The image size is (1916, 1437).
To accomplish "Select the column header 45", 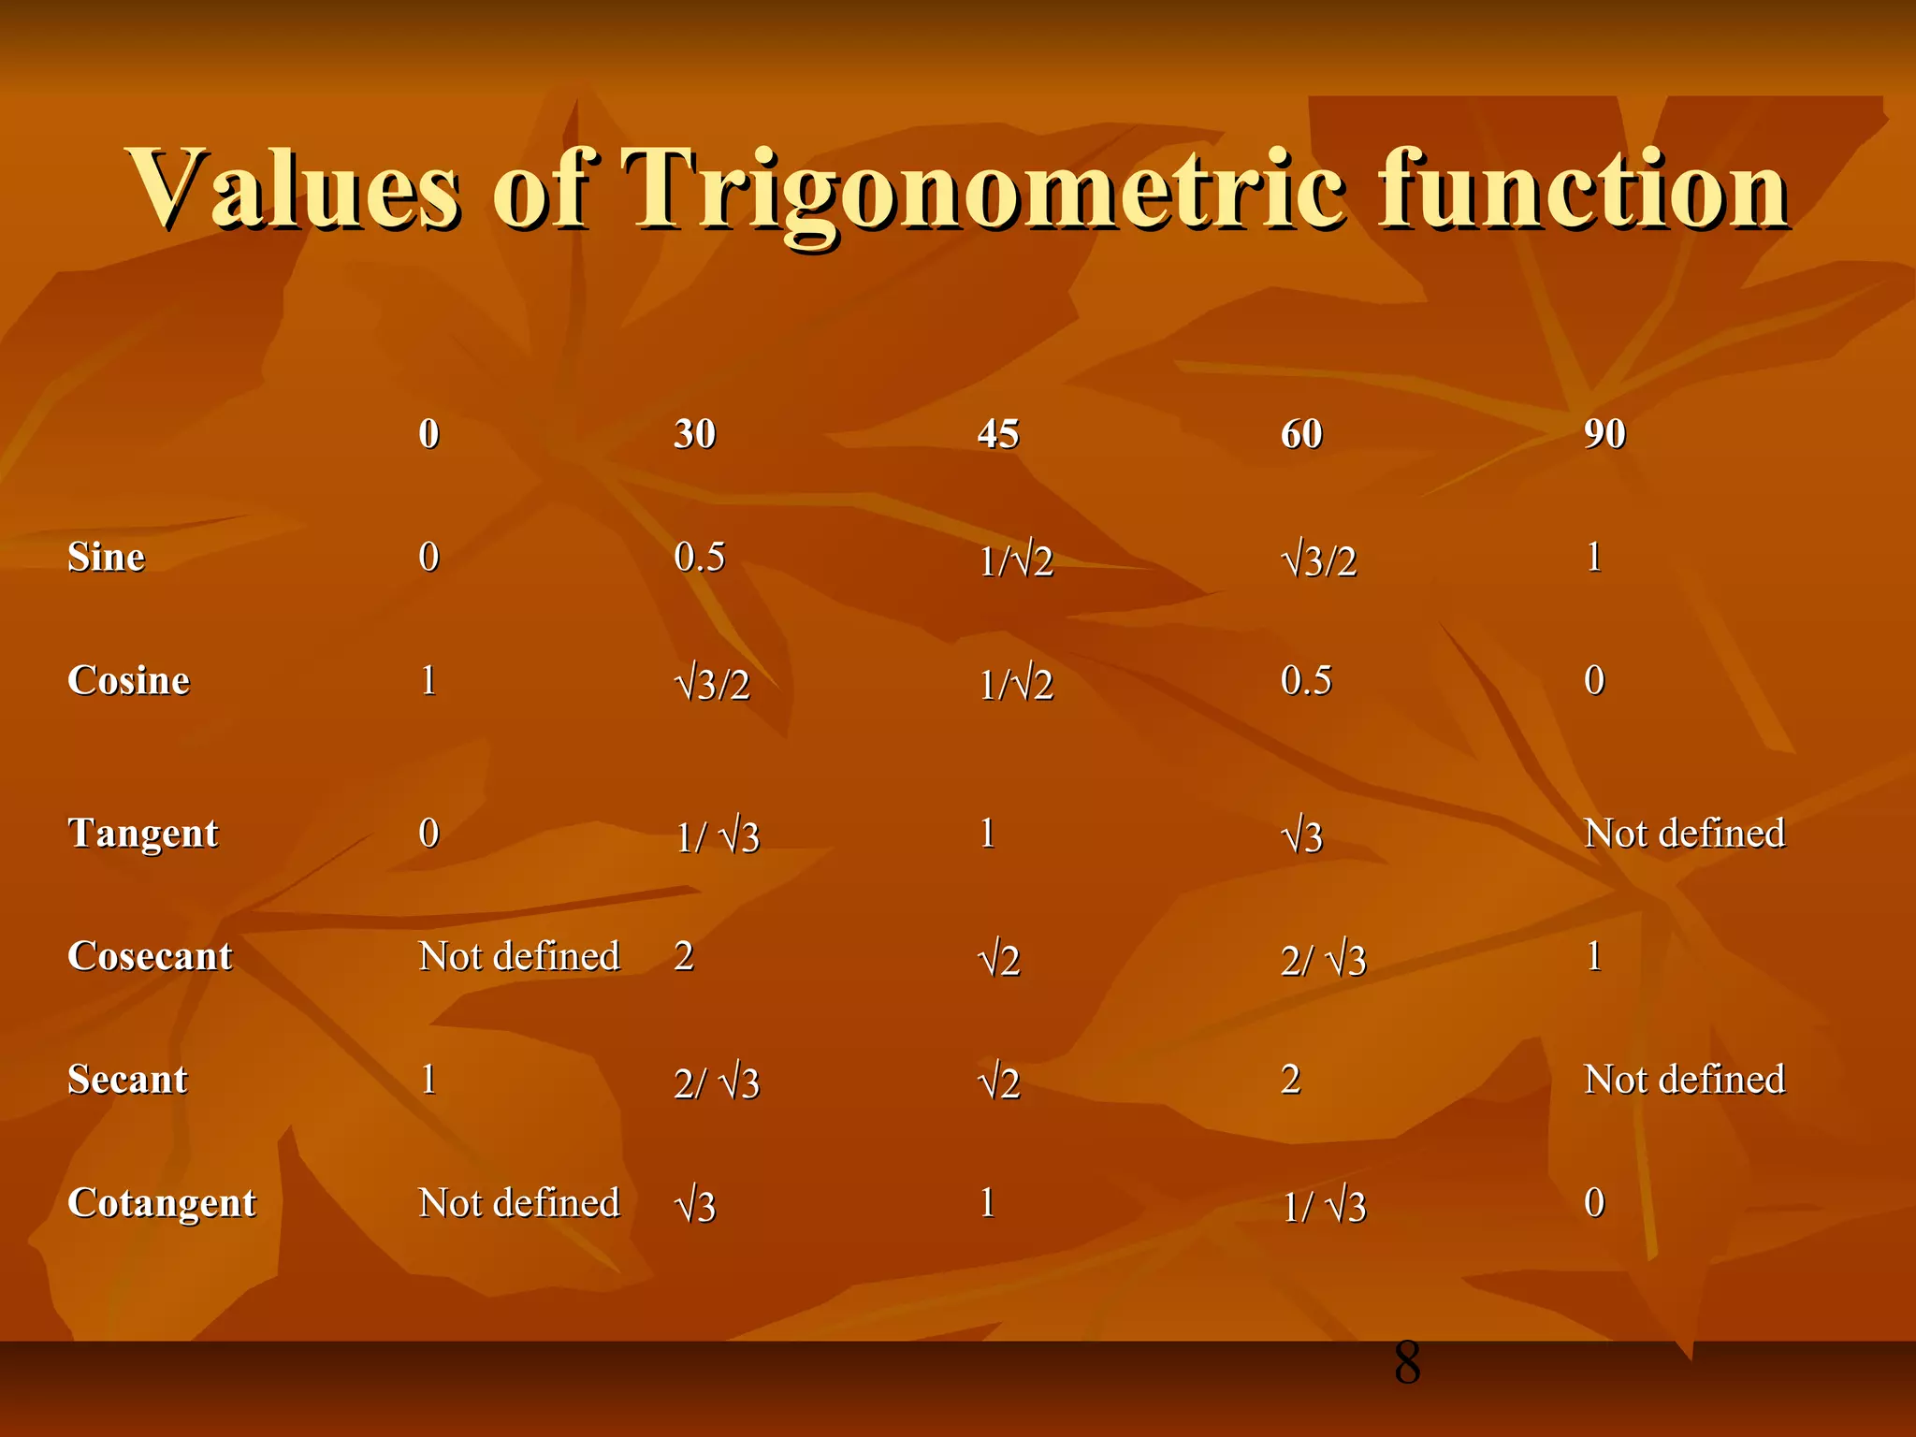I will [x=997, y=434].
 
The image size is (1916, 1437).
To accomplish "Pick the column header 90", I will [x=1604, y=434].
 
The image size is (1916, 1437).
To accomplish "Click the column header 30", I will [x=694, y=434].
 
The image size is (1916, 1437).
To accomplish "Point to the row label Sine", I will [x=106, y=558].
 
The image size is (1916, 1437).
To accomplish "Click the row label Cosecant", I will [x=150, y=957].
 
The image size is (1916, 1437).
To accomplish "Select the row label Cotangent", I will [x=161, y=1203].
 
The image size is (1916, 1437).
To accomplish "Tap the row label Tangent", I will [x=142, y=834].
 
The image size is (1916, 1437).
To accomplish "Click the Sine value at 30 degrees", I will [x=699, y=558].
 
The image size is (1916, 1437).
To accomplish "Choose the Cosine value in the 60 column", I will [x=1306, y=681].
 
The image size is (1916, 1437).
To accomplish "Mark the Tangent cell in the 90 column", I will [x=1684, y=834].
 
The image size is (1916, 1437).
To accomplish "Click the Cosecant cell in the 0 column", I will [x=519, y=957].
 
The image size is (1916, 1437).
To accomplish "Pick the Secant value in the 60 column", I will [x=1290, y=1080].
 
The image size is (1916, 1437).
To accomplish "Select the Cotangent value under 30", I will [x=695, y=1206].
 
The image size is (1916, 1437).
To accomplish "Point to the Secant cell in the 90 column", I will [x=1684, y=1080].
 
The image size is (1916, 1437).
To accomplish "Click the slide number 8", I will [x=1406, y=1363].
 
